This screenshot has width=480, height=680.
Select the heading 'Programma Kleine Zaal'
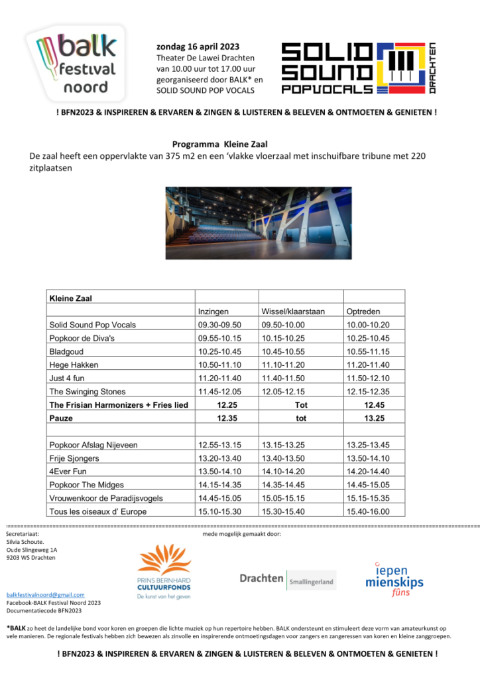click(219, 143)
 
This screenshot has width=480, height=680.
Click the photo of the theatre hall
click(259, 222)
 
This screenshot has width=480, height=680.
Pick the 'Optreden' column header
click(363, 311)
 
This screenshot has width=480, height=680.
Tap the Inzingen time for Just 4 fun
click(219, 378)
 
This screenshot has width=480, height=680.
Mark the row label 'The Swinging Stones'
click(87, 392)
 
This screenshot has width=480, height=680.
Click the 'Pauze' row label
click(61, 418)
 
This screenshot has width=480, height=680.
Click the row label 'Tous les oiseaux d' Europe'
click(97, 511)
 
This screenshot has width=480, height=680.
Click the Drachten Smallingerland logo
click(288, 579)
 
